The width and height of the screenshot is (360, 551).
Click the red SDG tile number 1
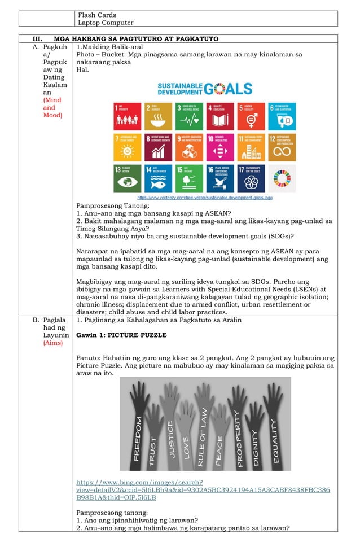(x=127, y=116)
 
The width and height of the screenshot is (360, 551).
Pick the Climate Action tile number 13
(x=127, y=178)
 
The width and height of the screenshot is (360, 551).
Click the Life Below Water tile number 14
(x=158, y=178)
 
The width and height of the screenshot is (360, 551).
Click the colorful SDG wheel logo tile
(x=281, y=178)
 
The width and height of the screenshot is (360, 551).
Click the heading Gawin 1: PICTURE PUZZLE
(x=121, y=335)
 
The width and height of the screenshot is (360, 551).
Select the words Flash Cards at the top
(x=97, y=15)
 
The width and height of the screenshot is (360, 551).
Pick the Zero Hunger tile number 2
(x=158, y=116)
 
